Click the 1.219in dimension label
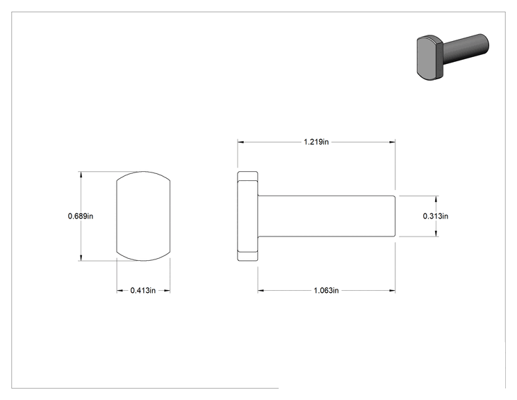click(x=316, y=142)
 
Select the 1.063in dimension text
click(x=326, y=290)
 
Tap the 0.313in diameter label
click(x=436, y=216)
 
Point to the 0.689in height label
click(x=81, y=216)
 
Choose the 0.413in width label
click(x=142, y=290)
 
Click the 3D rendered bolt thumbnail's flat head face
click(x=426, y=58)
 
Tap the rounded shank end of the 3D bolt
click(x=485, y=43)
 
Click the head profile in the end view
click(x=143, y=216)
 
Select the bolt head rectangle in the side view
click(x=247, y=216)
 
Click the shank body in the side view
click(x=327, y=216)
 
